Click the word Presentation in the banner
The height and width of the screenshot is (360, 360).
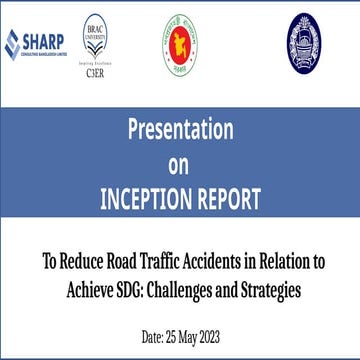tap(179, 129)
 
